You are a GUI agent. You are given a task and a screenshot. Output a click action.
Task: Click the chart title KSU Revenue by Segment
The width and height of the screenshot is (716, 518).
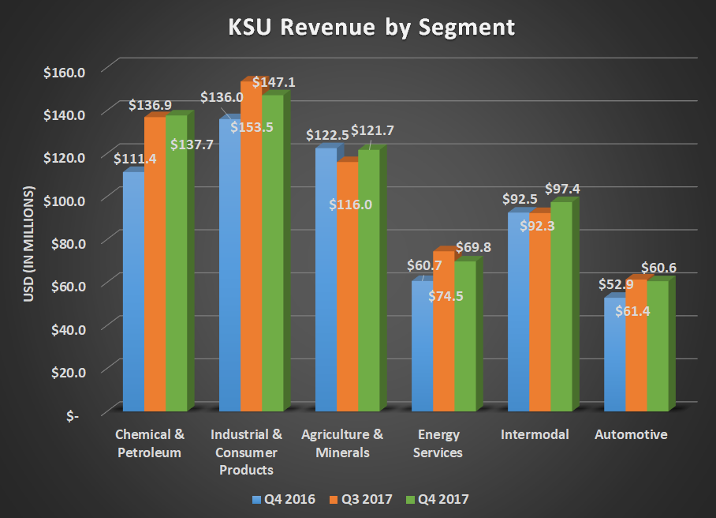[371, 28]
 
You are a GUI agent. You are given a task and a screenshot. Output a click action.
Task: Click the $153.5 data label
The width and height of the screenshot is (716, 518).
[252, 127]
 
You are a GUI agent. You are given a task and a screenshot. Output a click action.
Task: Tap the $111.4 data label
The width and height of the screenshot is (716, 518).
[134, 159]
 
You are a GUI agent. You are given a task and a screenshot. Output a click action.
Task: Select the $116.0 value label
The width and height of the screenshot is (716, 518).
[350, 205]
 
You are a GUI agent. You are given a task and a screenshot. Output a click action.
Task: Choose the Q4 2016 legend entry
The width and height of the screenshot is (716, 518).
[283, 499]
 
